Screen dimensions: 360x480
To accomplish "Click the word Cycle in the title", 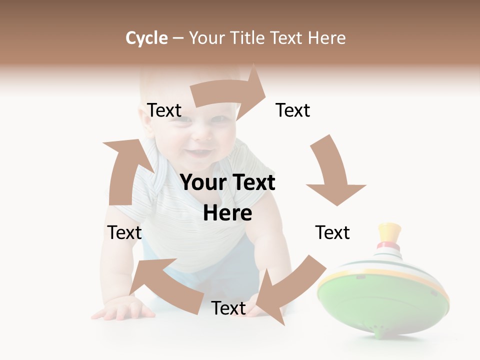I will click(146, 38).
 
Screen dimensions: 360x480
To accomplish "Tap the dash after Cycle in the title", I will click(178, 38).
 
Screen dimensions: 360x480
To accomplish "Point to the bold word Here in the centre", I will click(227, 213).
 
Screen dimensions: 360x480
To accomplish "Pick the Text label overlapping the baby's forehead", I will click(164, 110).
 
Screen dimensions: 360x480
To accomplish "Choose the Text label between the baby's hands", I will click(228, 308).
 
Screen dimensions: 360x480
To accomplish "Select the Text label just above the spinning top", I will click(332, 232).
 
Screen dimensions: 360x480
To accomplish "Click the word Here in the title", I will click(326, 38).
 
